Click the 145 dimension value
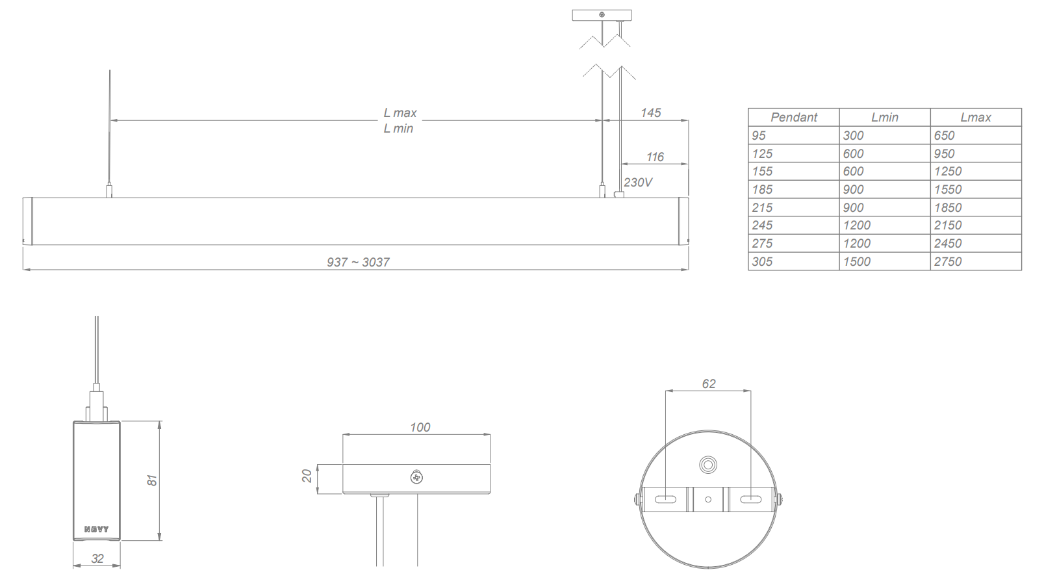(x=650, y=113)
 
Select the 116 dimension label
(x=655, y=157)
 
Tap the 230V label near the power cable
(x=638, y=183)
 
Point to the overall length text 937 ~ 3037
(x=358, y=263)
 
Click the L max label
(x=400, y=113)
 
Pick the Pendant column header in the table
(x=793, y=118)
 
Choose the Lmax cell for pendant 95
(x=944, y=136)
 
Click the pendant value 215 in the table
(x=762, y=208)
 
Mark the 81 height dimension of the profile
(x=151, y=480)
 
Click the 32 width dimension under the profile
(x=97, y=559)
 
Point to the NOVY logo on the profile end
(x=97, y=530)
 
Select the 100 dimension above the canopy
(x=420, y=428)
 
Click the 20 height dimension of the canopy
(x=307, y=476)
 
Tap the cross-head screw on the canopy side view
(x=417, y=478)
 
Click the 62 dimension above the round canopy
(x=708, y=384)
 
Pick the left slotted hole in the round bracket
(x=665, y=500)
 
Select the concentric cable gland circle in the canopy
(x=707, y=465)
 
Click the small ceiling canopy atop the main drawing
(x=602, y=15)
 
